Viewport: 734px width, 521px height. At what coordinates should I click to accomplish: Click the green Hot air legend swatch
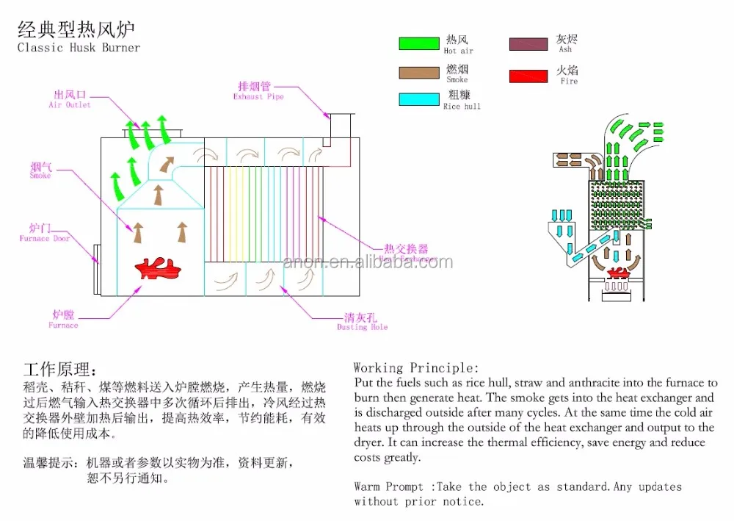pyautogui.click(x=418, y=43)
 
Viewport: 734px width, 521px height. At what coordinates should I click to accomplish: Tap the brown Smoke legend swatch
pyautogui.click(x=418, y=72)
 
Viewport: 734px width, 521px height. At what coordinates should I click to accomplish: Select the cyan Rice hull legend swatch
pyautogui.click(x=418, y=99)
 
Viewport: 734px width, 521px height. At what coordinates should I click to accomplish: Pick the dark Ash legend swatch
pyautogui.click(x=528, y=43)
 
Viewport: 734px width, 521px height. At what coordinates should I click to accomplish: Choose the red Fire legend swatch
pyautogui.click(x=528, y=76)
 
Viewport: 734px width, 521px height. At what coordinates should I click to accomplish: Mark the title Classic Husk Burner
pyautogui.click(x=79, y=48)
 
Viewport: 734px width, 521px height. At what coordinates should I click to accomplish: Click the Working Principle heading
pyautogui.click(x=415, y=367)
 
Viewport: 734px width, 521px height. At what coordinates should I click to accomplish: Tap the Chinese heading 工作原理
pyautogui.click(x=59, y=368)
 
